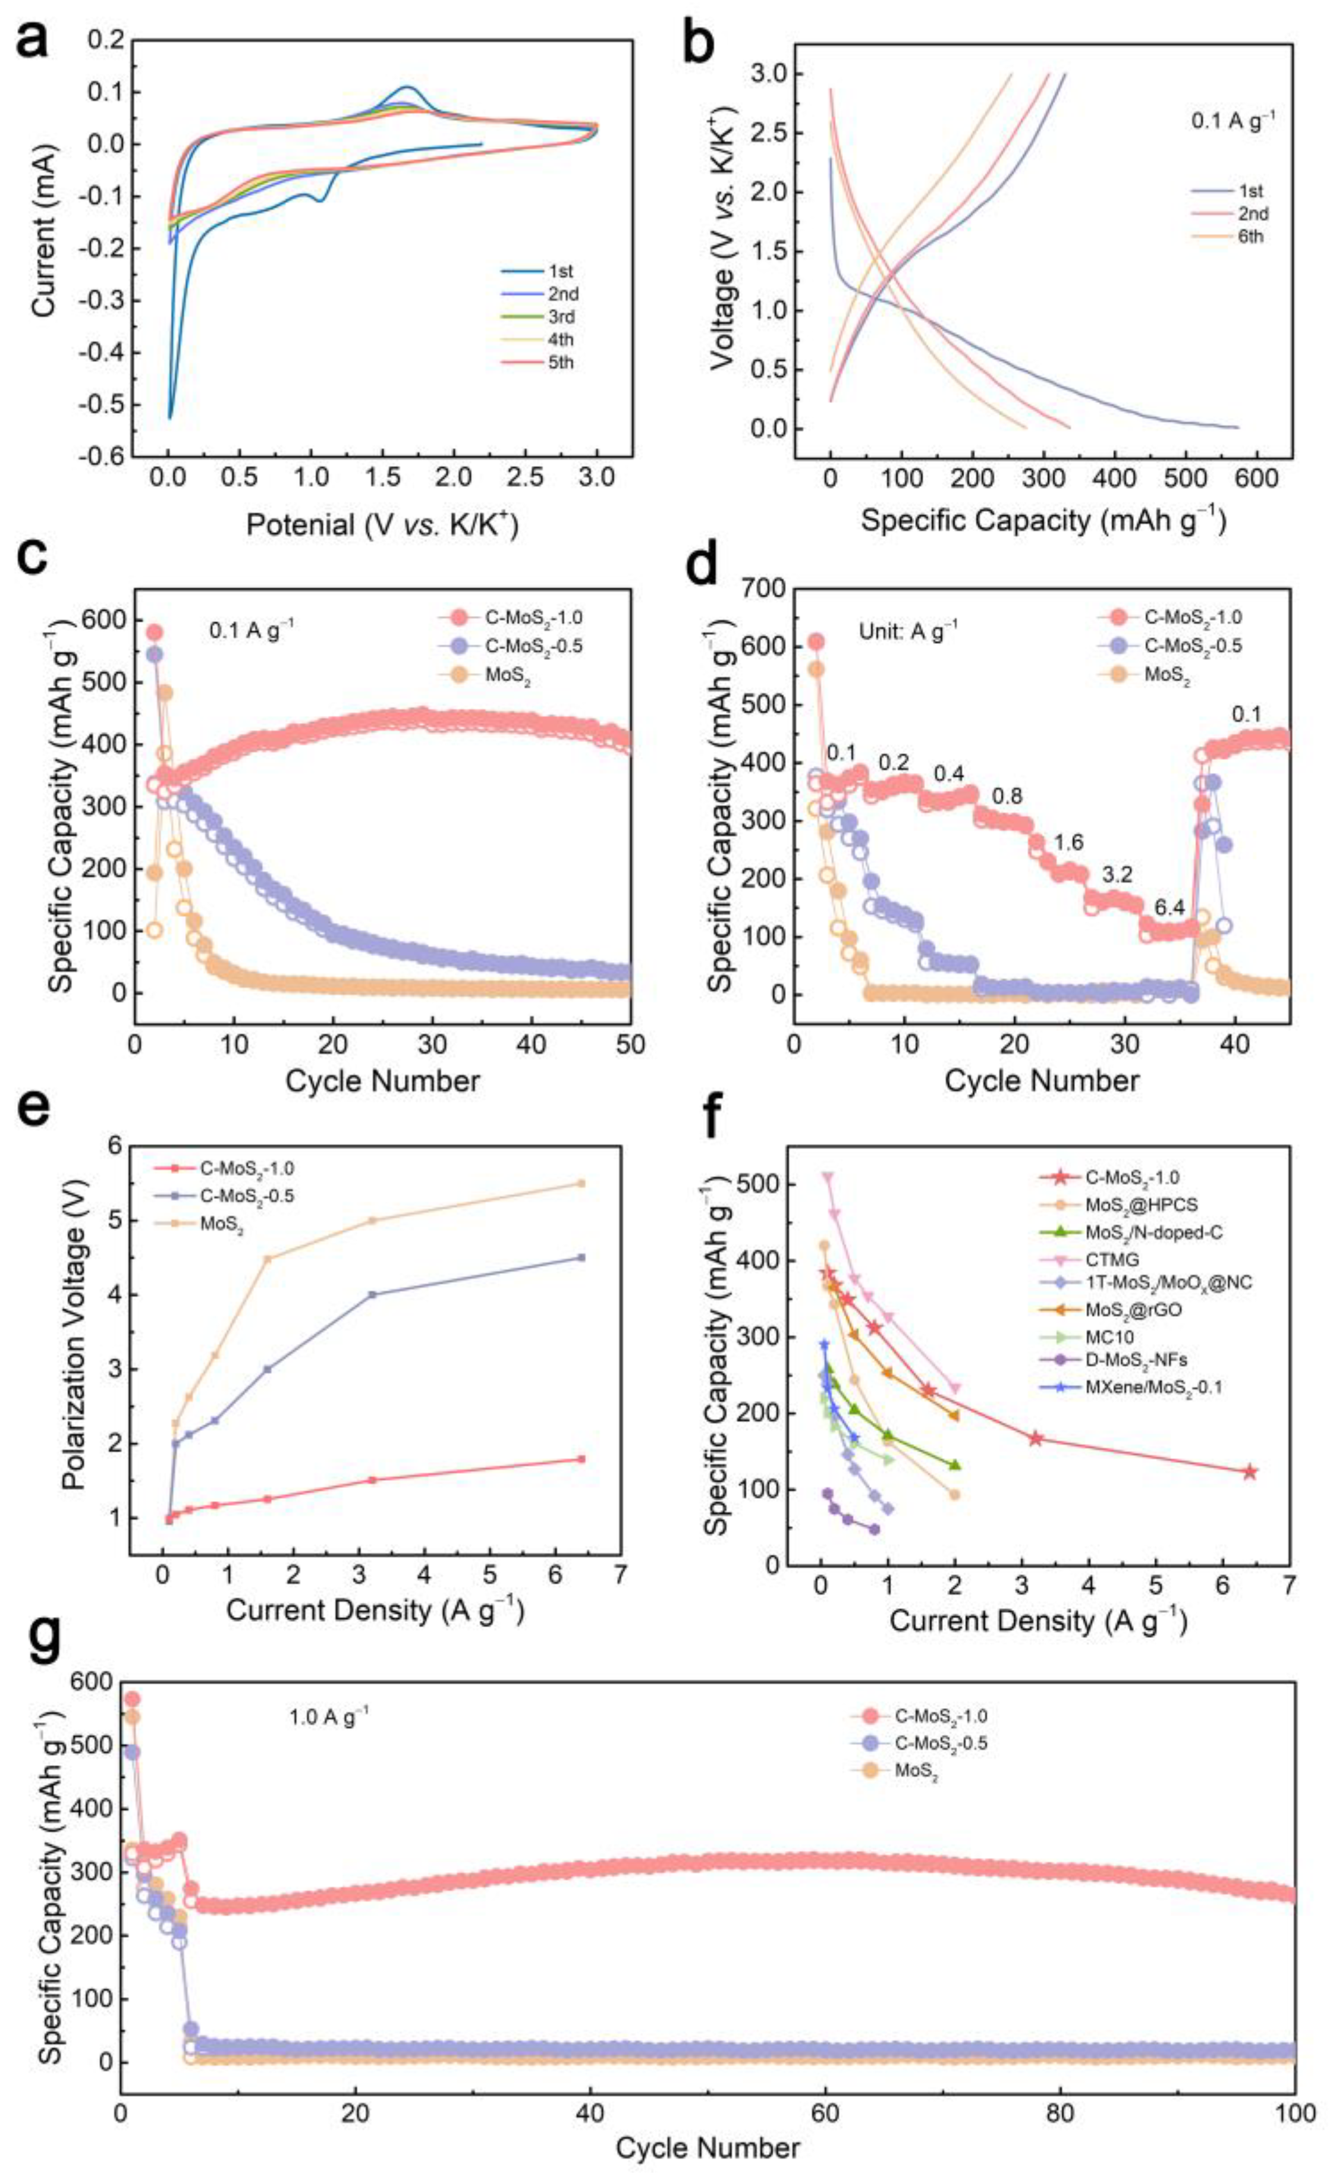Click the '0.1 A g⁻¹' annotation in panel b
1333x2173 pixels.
coord(1227,121)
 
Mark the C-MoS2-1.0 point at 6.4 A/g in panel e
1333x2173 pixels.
coord(580,1460)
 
